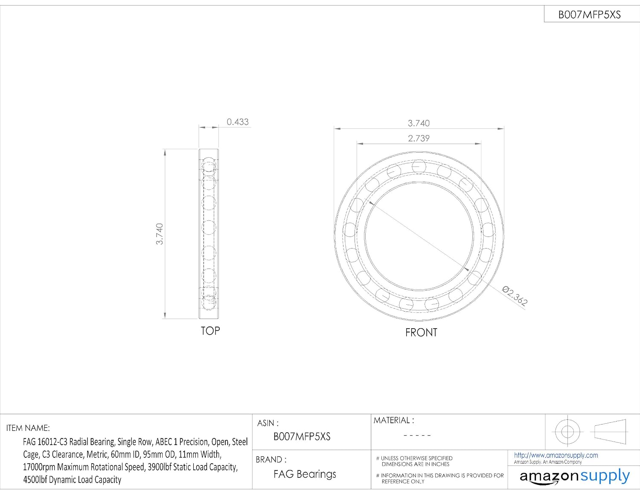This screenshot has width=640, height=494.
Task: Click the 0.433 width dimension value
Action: pyautogui.click(x=237, y=122)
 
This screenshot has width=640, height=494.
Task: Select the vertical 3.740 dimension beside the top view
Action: pyautogui.click(x=159, y=234)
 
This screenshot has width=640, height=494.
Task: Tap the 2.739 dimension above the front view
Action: pyautogui.click(x=419, y=138)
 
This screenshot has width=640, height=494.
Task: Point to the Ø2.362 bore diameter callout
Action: pyautogui.click(x=515, y=296)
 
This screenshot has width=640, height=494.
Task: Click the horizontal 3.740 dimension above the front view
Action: pyautogui.click(x=419, y=123)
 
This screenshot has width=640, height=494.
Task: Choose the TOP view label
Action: pyautogui.click(x=210, y=331)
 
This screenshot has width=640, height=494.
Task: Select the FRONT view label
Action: pyautogui.click(x=421, y=332)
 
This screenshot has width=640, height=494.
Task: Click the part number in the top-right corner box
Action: pyautogui.click(x=589, y=15)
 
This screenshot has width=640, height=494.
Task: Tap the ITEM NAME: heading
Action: pyautogui.click(x=28, y=428)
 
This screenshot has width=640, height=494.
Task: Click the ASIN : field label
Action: pyautogui.click(x=268, y=423)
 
